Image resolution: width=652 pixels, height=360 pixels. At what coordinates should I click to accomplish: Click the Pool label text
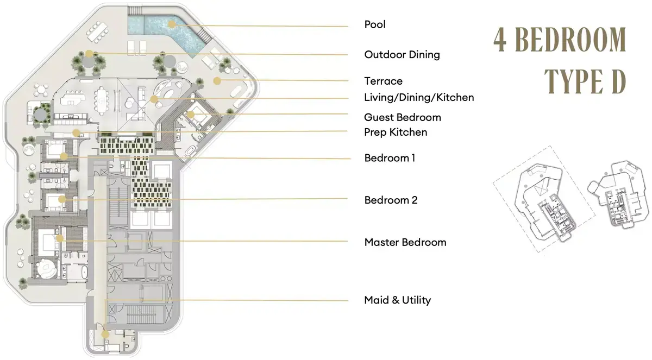point(374,24)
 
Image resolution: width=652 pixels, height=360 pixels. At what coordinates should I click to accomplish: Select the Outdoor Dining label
point(402,55)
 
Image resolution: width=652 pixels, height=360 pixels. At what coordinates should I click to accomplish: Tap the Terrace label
point(384,81)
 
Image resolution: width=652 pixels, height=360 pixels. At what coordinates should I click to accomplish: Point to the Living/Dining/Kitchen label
point(419,97)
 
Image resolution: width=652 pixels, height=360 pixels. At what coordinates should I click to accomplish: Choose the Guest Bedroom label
point(403,117)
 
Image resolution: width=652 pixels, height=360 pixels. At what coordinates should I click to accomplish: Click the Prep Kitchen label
point(396,132)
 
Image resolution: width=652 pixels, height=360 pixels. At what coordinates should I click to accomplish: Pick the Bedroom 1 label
point(390,158)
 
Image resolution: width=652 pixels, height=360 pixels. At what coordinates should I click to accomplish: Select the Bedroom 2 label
point(391,200)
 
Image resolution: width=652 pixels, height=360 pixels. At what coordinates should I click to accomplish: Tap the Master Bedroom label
point(405,242)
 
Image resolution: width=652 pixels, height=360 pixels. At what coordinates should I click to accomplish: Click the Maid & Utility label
point(397,300)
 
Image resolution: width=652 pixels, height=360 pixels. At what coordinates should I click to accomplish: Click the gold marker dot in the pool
point(172,24)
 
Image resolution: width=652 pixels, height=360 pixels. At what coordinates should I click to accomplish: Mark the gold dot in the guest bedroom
point(190,115)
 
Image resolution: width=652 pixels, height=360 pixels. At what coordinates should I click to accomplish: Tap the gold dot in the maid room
point(105,334)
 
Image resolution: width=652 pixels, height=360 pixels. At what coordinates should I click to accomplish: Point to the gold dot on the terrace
point(217,81)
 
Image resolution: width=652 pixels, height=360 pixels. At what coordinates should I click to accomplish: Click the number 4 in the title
point(500,40)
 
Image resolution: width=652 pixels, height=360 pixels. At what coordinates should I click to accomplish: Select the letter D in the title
point(619,82)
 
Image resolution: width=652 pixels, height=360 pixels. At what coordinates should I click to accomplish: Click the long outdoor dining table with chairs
point(97,31)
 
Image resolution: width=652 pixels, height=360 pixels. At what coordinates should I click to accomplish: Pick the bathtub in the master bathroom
point(84,272)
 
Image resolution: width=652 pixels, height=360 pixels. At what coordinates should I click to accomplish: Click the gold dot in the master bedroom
point(60,238)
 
